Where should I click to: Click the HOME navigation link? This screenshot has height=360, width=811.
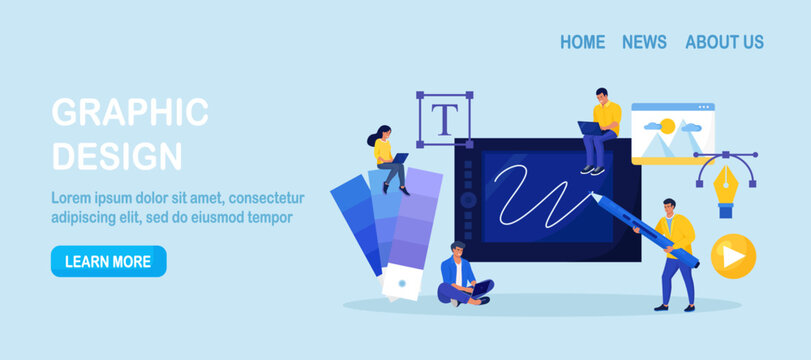click(582, 42)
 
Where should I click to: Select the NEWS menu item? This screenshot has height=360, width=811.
click(644, 42)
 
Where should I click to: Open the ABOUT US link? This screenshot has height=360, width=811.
click(724, 42)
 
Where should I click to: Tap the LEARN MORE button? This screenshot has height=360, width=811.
click(109, 261)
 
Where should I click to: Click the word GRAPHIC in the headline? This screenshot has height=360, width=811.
click(130, 112)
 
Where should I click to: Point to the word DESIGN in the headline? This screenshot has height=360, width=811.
click(117, 155)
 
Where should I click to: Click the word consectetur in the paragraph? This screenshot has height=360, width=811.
click(266, 198)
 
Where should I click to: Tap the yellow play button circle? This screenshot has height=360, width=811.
click(733, 256)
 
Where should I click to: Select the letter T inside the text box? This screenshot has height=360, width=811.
click(445, 119)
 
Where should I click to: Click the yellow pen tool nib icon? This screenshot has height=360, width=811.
click(725, 185)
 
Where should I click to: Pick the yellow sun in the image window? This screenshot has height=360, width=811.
click(667, 126)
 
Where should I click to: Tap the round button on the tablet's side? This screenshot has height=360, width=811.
click(468, 199)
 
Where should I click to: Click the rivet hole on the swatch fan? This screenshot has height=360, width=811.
click(402, 283)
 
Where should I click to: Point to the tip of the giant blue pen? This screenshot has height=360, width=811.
click(593, 194)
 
